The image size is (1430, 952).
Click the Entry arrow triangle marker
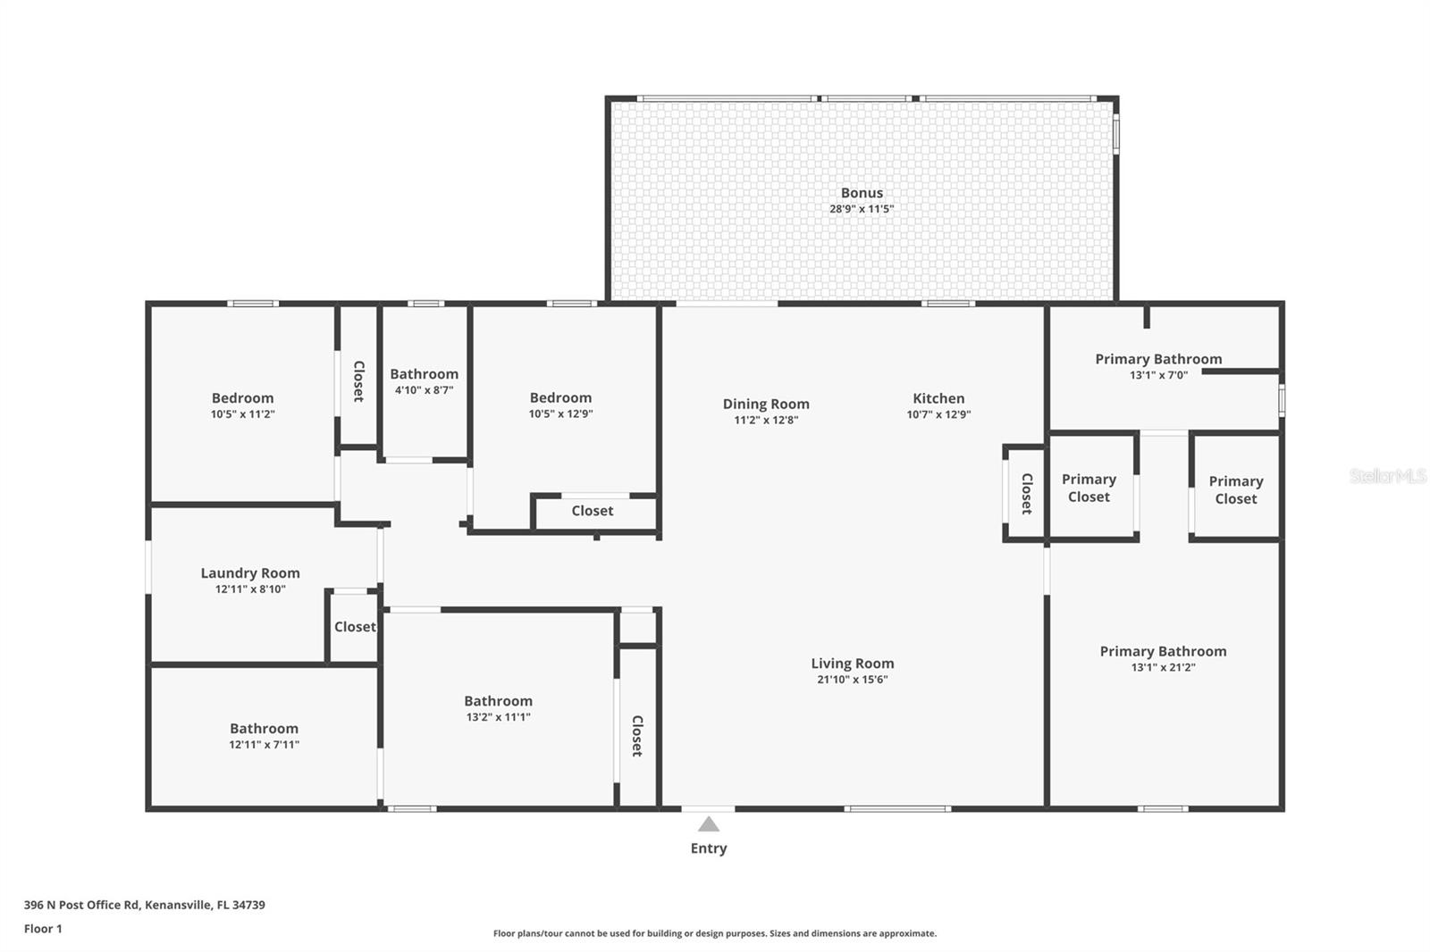709,824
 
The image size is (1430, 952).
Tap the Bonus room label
862,193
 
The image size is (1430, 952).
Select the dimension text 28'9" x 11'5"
862,209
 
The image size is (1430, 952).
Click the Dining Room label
766,405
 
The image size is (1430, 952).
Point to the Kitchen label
938,398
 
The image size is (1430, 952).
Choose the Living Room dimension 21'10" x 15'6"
852,680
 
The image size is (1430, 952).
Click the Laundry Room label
250,573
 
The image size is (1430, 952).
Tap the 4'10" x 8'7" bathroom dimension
424,390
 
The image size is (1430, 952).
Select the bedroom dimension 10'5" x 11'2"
242,414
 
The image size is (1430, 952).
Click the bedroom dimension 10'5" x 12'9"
560,413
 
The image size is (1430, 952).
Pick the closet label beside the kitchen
1027,494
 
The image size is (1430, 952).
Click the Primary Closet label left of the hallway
1089,489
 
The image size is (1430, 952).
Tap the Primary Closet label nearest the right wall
1236,490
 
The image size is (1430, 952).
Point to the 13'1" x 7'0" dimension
1158,375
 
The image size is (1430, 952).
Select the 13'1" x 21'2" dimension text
1163,667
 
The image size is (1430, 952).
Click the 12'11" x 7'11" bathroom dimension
264,745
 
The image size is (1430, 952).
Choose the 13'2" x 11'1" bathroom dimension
498,717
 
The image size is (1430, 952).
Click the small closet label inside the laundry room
355,627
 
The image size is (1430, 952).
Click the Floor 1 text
43,929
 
